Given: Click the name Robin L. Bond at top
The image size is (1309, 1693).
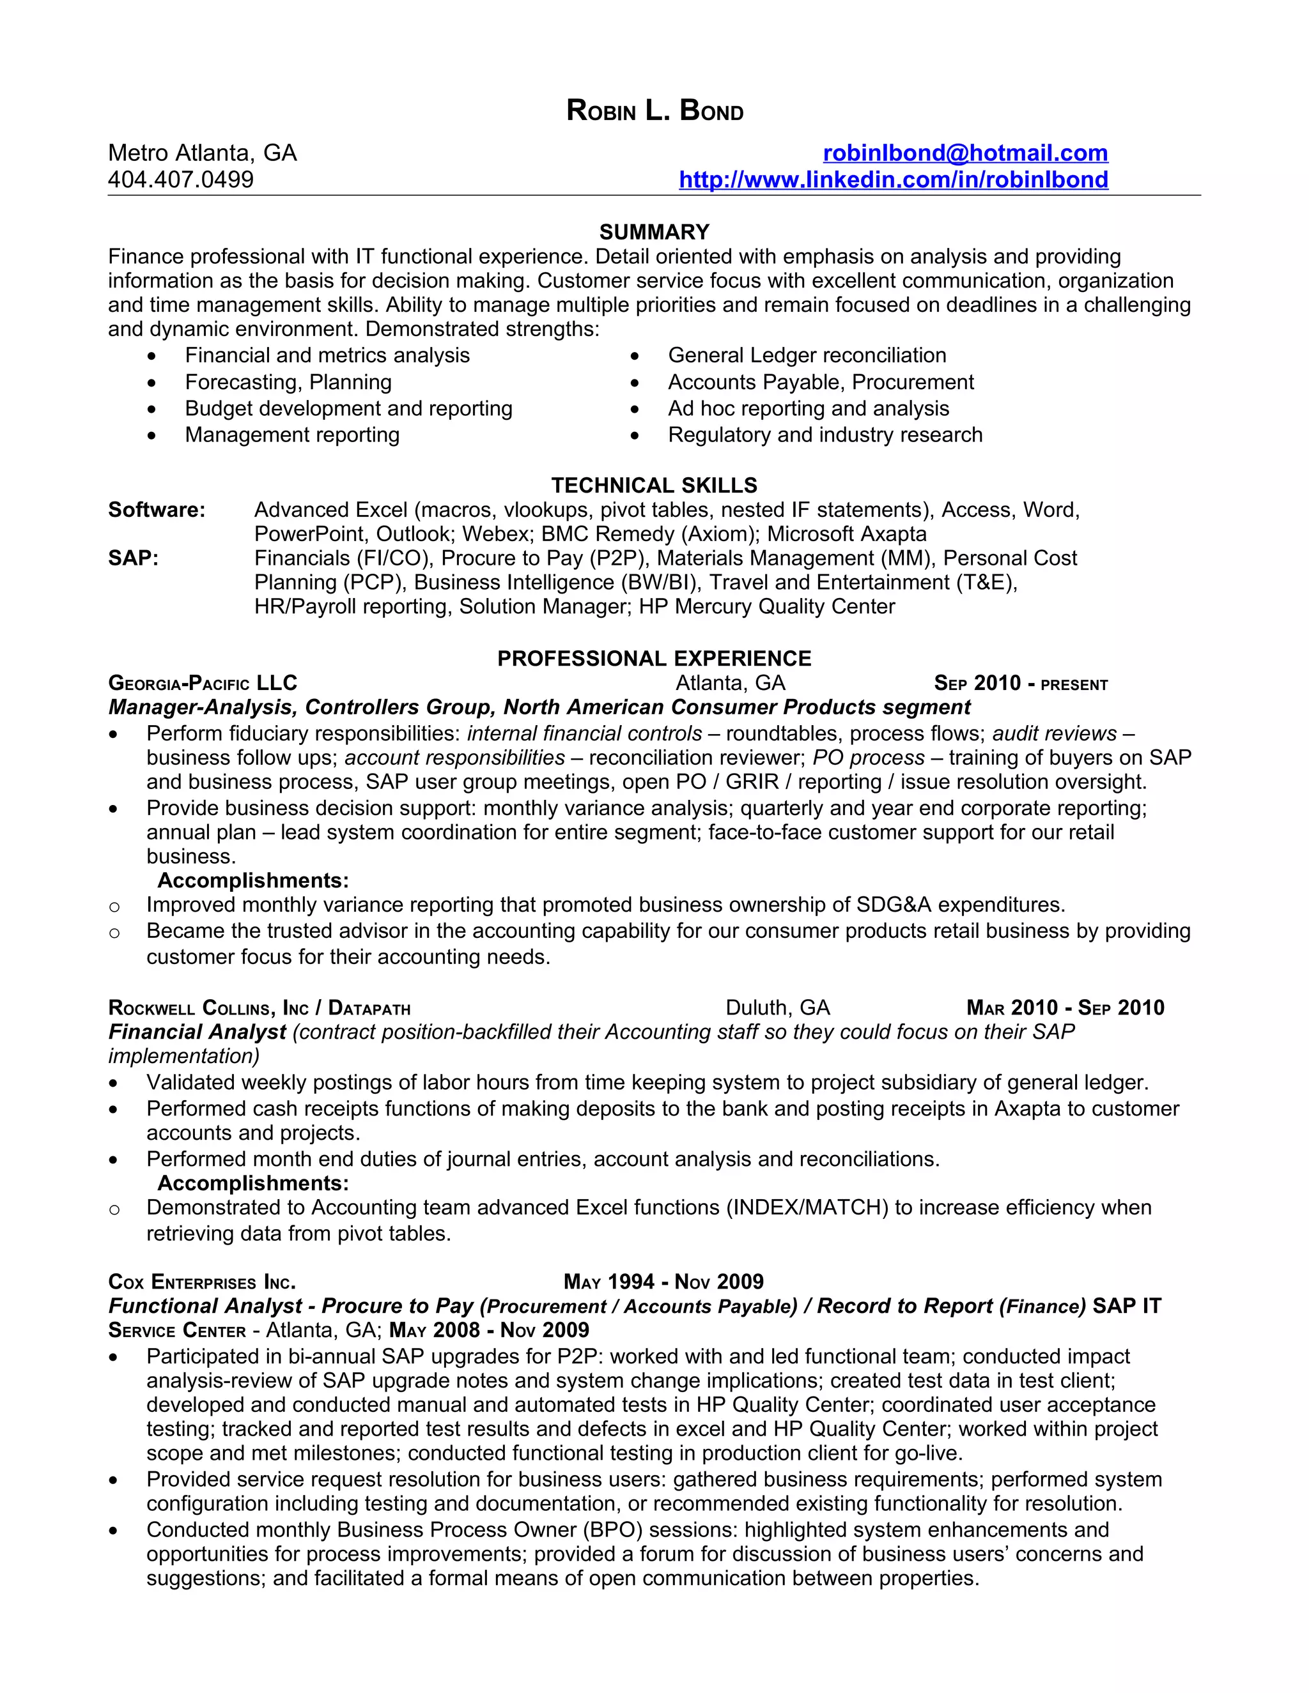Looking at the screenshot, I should [x=654, y=111].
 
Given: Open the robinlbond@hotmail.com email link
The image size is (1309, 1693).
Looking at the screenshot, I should [x=964, y=153].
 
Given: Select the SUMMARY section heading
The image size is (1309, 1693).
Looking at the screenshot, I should [x=654, y=232].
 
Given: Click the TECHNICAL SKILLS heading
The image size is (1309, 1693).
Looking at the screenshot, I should [x=654, y=486].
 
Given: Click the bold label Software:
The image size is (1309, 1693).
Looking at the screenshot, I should [x=157, y=509].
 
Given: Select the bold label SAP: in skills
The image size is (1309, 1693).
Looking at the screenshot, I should [x=134, y=558].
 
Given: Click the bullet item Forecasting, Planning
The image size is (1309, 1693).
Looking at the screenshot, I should [x=288, y=382].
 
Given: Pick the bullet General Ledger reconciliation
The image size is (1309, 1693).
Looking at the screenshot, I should [x=807, y=355].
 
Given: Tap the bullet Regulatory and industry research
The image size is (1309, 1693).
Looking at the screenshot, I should [x=825, y=435].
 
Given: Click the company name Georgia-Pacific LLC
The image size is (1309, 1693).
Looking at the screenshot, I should [x=203, y=683].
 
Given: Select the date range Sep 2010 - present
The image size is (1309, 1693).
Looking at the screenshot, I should [x=1021, y=683].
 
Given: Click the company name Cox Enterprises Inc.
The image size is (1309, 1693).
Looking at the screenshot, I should [x=201, y=1282].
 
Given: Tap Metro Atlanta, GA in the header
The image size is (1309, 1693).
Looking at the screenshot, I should [x=203, y=153].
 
